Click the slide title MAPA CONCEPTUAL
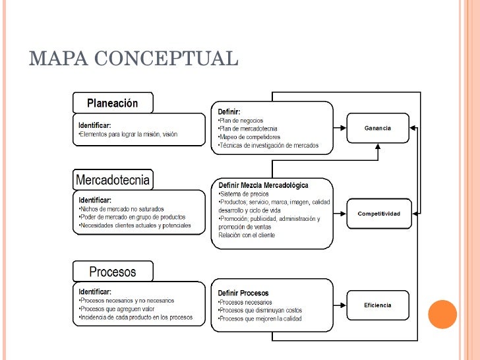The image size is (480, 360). click(x=133, y=58)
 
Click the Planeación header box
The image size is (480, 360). click(x=113, y=103)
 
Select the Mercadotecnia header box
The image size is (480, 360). click(x=113, y=180)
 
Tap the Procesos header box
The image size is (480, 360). click(x=113, y=272)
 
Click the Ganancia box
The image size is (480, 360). click(x=378, y=128)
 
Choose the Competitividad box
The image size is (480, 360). click(x=379, y=214)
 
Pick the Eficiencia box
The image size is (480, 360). click(x=378, y=305)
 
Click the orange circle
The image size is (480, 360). click(x=442, y=315)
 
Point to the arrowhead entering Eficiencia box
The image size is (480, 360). click(x=343, y=305)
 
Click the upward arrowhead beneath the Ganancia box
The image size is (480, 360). click(x=378, y=146)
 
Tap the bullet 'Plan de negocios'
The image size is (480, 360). click(x=241, y=121)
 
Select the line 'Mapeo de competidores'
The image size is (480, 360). click(x=249, y=137)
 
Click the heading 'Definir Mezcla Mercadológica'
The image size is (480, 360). click(x=263, y=185)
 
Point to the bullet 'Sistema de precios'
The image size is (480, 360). click(x=244, y=194)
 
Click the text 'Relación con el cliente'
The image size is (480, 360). click(x=247, y=235)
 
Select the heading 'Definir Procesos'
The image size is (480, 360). click(x=243, y=293)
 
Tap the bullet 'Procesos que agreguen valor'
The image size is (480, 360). click(x=117, y=309)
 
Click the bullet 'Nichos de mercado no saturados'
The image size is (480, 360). click(x=121, y=209)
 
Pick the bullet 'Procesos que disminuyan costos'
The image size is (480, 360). click(x=260, y=311)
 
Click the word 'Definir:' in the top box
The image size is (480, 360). click(x=229, y=111)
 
